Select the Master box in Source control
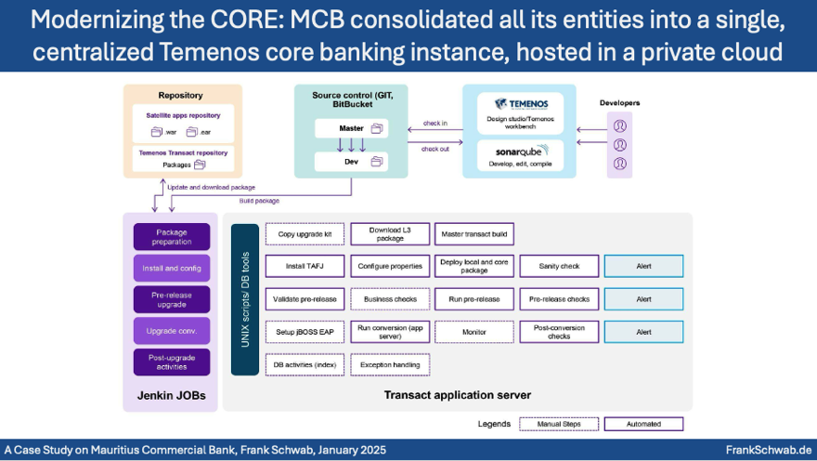351,127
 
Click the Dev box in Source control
351,161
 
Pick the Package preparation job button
172,237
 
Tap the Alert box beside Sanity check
643,266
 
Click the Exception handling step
389,364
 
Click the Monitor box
473,332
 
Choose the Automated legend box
643,424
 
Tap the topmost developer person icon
619,125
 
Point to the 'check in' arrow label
434,123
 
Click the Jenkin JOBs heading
172,395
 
